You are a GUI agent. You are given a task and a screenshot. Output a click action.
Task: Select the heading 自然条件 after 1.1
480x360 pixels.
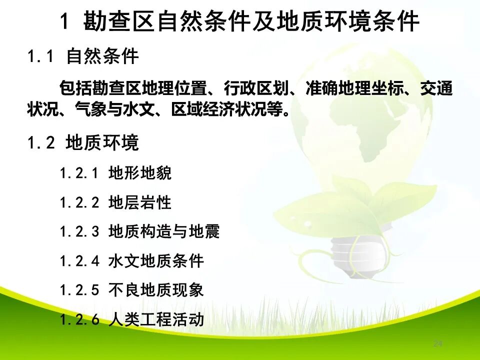tap(102, 57)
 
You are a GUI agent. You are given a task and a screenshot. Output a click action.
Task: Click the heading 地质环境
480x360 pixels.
tap(102, 143)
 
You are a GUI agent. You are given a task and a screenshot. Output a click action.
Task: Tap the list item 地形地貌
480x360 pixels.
tap(139, 173)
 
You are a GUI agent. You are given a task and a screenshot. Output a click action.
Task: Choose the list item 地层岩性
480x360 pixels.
tap(139, 202)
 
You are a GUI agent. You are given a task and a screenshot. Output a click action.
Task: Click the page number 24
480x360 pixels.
tap(438, 343)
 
